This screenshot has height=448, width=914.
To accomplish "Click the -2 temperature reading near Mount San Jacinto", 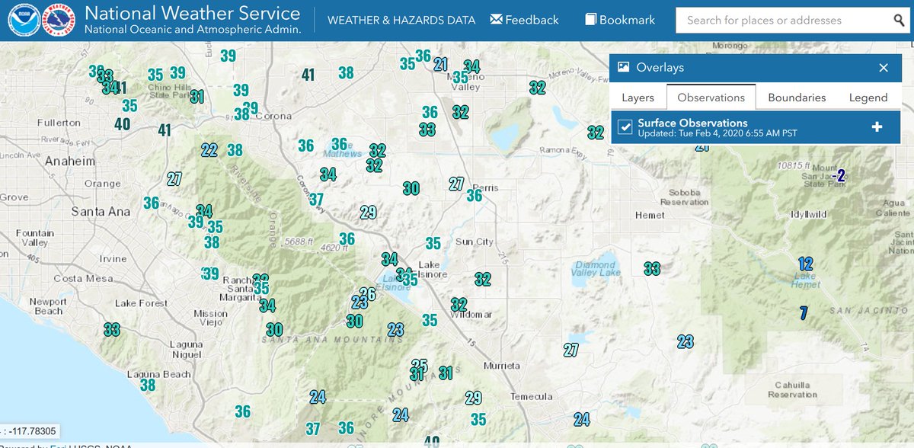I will tap(839, 176).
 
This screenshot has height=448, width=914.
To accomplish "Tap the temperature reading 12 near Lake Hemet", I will tap(806, 264).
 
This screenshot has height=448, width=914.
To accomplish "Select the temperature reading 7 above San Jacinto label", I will tap(803, 312).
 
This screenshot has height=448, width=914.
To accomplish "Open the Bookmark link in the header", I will tap(620, 20).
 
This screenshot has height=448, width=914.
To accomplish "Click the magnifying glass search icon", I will tap(900, 21).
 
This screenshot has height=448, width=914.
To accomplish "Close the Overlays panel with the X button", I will tap(884, 68).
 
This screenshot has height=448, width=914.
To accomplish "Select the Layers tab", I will tap(638, 98).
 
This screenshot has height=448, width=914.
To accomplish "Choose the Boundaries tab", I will tap(797, 98).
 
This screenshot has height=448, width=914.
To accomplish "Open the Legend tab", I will tap(868, 98).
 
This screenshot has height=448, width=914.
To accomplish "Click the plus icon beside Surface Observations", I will tap(877, 126).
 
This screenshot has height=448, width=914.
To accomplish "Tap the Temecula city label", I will tap(531, 396).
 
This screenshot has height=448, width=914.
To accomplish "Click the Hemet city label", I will tap(649, 216).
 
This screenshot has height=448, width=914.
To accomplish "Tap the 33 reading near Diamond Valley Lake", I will tap(651, 269).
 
